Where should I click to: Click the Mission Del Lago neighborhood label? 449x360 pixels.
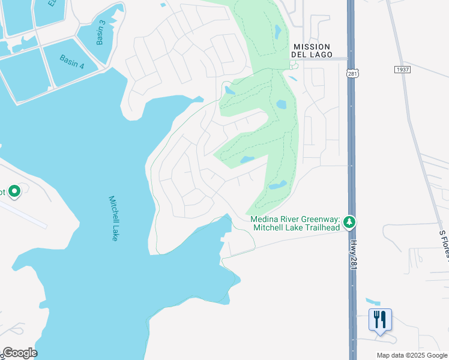[x=311, y=51]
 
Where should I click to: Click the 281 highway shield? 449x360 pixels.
[x=352, y=73]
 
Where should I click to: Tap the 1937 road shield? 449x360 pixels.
[x=403, y=70]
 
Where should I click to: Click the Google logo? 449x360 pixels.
[x=19, y=353]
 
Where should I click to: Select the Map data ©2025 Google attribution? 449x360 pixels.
[x=412, y=355]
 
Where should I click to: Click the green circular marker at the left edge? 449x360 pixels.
[x=14, y=192]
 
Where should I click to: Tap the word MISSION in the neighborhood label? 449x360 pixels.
[x=311, y=47]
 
